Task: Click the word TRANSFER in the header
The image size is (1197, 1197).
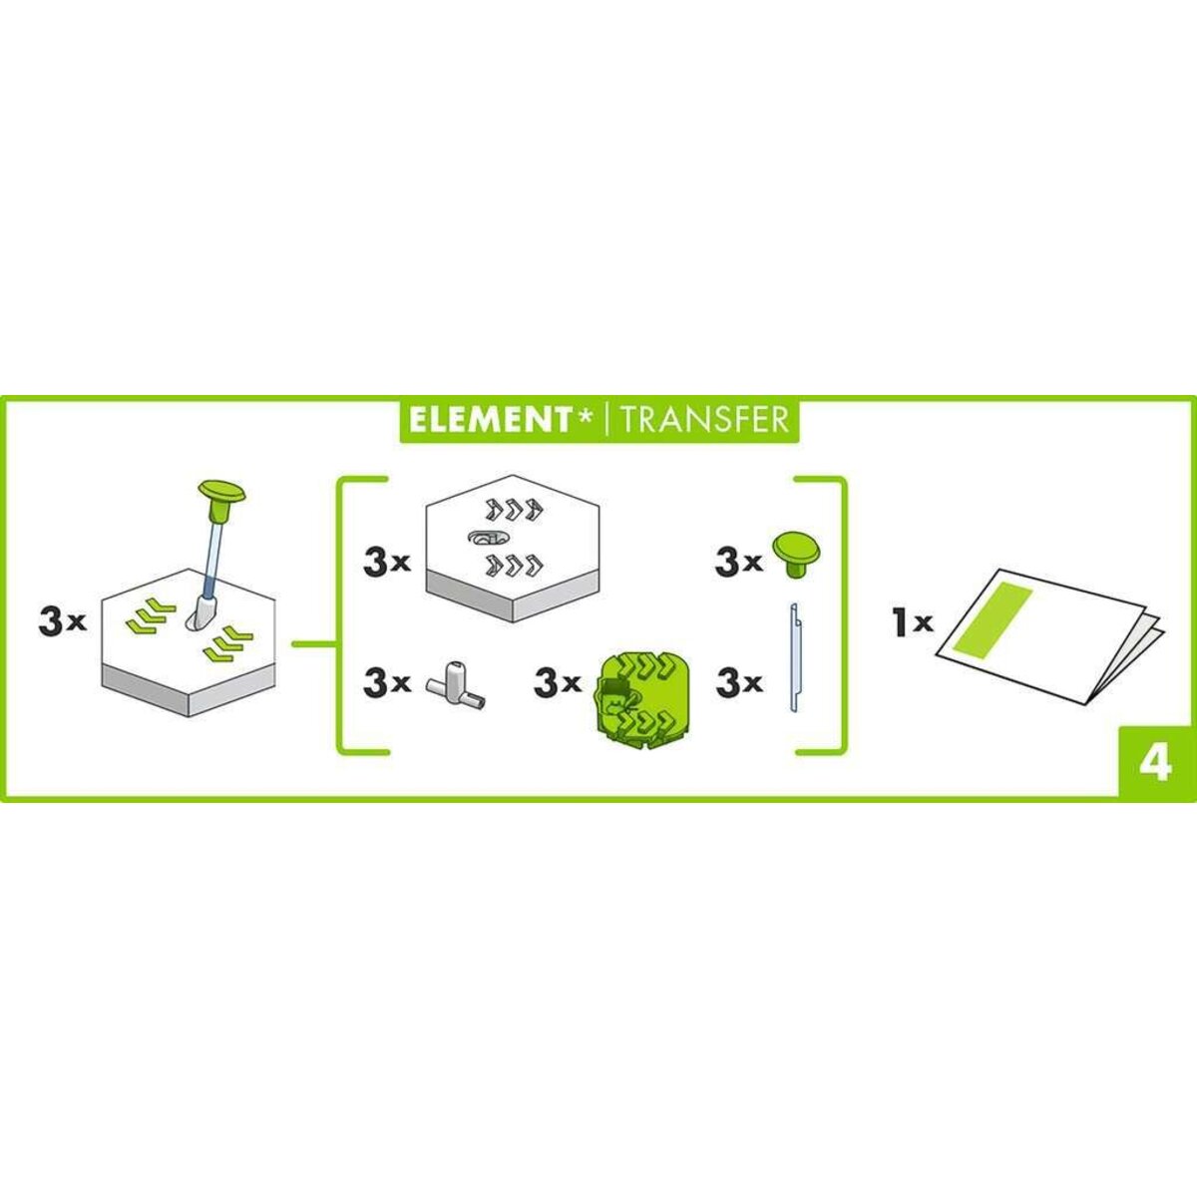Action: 703,419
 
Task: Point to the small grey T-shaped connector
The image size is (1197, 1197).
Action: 455,685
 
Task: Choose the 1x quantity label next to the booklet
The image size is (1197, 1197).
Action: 912,623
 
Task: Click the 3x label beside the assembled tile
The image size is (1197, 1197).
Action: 63,623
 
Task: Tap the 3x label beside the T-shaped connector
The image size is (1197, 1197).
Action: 388,684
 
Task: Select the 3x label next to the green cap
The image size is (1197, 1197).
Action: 739,563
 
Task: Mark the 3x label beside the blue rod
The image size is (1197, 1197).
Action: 739,684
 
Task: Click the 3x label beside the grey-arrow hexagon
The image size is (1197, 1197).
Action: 388,563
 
